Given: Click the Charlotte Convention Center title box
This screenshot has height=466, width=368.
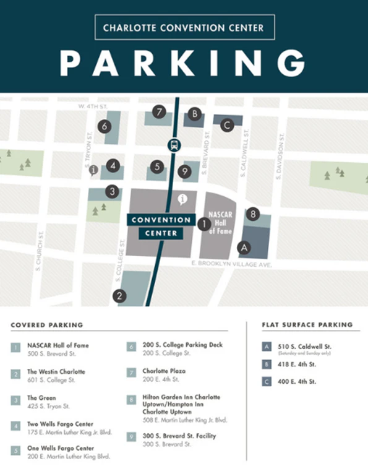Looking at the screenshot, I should (184, 28).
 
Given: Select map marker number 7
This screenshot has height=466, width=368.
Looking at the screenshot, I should (160, 112).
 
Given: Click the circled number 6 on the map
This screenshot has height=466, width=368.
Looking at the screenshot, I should (104, 126).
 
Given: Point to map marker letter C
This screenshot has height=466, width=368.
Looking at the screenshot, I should (227, 125).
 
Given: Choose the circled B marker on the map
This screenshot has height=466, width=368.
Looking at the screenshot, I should (195, 114).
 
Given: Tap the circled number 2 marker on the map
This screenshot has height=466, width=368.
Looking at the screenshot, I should (119, 296).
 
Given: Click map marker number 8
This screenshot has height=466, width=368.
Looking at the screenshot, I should (252, 214).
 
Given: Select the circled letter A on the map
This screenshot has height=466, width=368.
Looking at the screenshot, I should (244, 247).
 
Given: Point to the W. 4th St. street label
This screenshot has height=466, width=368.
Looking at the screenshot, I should (93, 106).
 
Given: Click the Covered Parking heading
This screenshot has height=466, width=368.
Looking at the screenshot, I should (46, 325).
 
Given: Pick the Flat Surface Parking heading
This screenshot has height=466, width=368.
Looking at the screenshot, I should (307, 325).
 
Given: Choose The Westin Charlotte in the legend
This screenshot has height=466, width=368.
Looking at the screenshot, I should (56, 371).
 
